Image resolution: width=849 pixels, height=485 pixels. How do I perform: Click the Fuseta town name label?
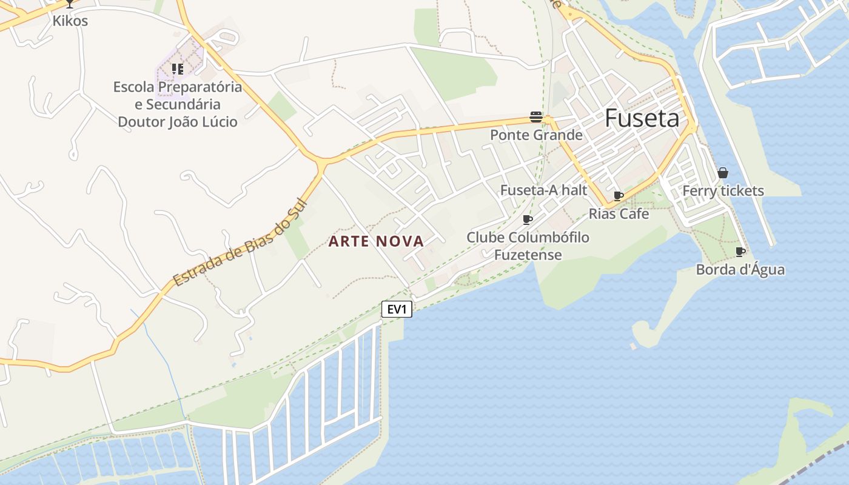(642, 118)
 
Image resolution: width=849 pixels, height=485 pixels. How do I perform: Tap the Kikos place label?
(70, 21)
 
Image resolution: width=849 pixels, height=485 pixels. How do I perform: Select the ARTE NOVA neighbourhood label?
(376, 241)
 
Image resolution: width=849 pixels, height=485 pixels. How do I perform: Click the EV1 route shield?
(397, 310)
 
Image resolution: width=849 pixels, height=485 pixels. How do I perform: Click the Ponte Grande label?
(536, 135)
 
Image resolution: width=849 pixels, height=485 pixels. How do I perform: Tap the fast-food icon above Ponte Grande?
(536, 116)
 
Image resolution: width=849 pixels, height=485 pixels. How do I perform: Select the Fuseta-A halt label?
(543, 190)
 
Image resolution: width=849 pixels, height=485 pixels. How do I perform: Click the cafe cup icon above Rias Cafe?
(619, 196)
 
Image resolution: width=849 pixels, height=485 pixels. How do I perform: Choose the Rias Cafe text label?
(619, 214)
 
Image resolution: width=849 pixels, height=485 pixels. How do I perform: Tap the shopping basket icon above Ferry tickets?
(723, 173)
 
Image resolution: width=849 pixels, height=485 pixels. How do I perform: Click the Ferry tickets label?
(723, 191)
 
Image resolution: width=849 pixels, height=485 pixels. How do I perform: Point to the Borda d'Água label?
(740, 270)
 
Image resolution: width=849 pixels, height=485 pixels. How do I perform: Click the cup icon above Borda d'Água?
(740, 252)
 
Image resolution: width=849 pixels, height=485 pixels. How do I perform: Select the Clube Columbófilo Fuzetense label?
(528, 246)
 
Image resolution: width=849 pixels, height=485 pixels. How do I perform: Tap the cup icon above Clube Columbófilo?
(528, 219)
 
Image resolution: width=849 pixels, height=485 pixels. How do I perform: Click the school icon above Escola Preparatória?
(177, 69)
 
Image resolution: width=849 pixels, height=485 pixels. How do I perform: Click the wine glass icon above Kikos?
(70, 3)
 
